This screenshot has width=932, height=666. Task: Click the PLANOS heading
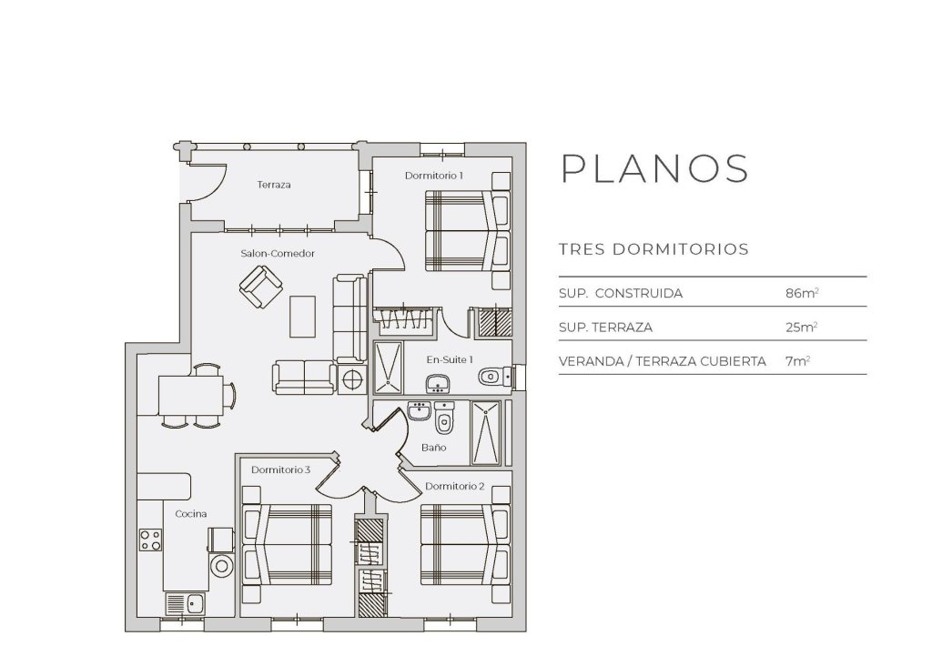(654, 169)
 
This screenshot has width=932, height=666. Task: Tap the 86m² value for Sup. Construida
(801, 294)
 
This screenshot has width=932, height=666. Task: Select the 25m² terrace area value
(801, 327)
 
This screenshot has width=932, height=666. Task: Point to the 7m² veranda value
(797, 360)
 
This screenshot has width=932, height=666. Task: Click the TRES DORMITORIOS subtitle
(653, 249)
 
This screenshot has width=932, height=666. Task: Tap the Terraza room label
(273, 185)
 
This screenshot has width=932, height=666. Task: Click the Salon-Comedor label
(278, 254)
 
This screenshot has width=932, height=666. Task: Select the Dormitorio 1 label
(434, 175)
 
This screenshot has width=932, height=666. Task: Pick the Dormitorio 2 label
(453, 485)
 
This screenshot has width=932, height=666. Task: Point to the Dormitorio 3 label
(281, 469)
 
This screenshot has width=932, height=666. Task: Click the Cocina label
(191, 514)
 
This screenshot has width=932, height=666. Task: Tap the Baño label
(433, 448)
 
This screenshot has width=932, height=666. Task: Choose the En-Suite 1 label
(450, 360)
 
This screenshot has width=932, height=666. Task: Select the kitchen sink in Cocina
(185, 602)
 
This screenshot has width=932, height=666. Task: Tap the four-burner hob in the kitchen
(150, 540)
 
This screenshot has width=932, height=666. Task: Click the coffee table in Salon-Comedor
(303, 317)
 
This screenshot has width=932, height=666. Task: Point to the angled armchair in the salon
(260, 289)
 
